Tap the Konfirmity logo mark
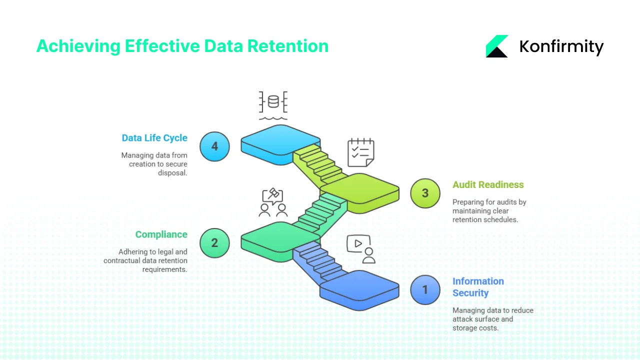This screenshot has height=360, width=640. (496, 46)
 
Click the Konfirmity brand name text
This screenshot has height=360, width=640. (561, 46)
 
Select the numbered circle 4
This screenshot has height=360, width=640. (214, 146)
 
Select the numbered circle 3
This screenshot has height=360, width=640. (425, 193)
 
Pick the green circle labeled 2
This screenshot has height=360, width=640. (214, 243)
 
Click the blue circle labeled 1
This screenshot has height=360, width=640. (425, 290)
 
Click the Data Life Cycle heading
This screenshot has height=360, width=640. (154, 138)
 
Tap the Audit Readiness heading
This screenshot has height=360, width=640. (488, 184)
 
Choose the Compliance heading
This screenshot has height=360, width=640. (161, 234)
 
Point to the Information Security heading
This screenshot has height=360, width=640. (477, 287)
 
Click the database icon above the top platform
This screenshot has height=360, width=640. (273, 103)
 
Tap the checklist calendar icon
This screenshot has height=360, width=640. (360, 152)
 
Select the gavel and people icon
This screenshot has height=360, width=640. (273, 202)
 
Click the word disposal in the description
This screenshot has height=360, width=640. (172, 172)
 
